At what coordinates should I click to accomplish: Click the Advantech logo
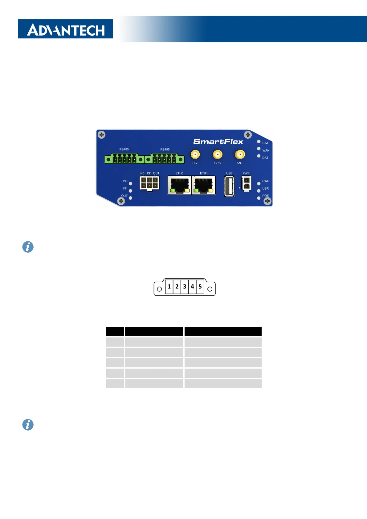click(x=65, y=29)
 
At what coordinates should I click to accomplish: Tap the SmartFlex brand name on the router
click(x=218, y=141)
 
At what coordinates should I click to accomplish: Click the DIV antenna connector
click(x=195, y=154)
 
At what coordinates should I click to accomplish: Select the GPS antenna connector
click(x=218, y=154)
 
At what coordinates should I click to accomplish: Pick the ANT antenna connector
click(x=240, y=154)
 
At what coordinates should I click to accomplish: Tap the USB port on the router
click(x=229, y=186)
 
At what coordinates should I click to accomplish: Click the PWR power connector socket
click(x=246, y=184)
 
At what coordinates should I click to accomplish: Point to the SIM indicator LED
click(x=259, y=141)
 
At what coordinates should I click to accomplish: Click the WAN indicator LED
click(x=259, y=149)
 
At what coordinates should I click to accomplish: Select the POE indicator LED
click(x=259, y=198)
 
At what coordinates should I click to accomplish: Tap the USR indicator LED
click(x=259, y=191)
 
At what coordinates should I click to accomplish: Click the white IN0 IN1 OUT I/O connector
click(x=149, y=183)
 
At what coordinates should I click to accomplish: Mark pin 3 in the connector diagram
click(x=185, y=287)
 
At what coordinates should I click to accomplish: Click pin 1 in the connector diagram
click(x=169, y=287)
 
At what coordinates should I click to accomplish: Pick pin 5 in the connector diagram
click(x=200, y=287)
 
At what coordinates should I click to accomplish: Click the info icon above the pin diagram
click(x=28, y=247)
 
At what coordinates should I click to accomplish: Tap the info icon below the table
click(x=28, y=425)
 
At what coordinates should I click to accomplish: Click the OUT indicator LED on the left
click(x=131, y=198)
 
